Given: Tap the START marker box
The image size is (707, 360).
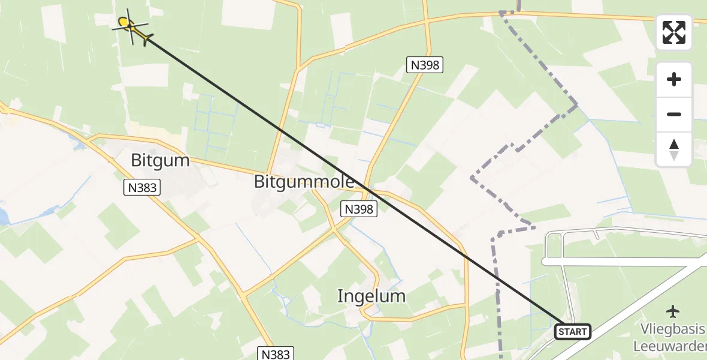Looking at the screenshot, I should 573,331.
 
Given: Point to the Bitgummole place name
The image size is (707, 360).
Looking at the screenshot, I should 304,182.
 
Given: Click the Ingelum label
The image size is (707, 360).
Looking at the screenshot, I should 371,296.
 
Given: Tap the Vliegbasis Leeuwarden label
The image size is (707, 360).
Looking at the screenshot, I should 671,338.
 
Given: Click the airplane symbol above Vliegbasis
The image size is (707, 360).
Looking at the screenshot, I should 673,311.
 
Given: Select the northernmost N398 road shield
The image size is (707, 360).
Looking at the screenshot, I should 424,65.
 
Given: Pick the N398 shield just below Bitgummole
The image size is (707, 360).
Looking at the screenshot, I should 359,209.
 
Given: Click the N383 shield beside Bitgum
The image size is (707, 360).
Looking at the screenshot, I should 143,188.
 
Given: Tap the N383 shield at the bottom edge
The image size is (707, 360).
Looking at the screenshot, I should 276,353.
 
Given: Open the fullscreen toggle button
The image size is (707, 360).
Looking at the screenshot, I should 674,32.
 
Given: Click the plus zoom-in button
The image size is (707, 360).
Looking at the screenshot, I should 674,80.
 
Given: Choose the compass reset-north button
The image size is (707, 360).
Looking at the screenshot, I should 674,149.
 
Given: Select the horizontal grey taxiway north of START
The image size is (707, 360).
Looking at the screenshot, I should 623,262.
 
